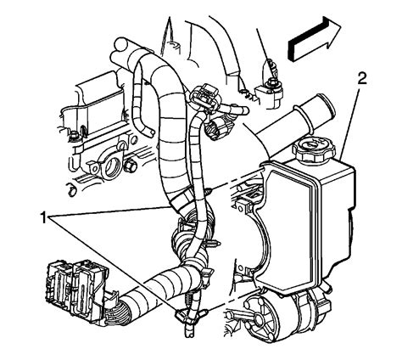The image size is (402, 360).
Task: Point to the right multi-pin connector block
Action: coord(89,279)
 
